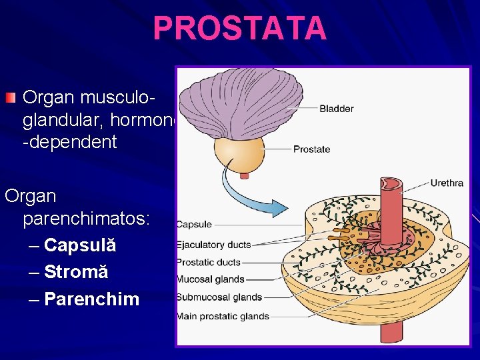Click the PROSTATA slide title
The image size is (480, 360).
240,28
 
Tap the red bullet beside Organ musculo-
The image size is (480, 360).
9,99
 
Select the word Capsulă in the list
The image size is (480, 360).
80,245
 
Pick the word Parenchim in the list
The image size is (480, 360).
91,299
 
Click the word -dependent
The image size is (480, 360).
69,142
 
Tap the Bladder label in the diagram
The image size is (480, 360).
336,109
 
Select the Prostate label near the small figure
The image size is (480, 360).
311,149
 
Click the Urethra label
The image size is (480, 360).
446,183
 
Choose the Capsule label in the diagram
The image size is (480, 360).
194,225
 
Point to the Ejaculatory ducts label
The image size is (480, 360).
213,244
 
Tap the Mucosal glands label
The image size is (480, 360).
210,280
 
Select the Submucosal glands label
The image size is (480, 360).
219,297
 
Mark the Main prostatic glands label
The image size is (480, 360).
223,316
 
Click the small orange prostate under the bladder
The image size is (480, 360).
243,154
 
